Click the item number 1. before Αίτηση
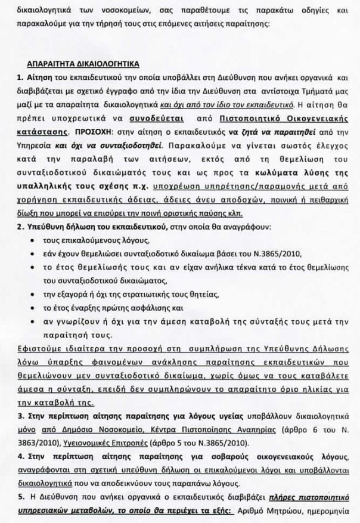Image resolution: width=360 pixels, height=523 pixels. point(20,78)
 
